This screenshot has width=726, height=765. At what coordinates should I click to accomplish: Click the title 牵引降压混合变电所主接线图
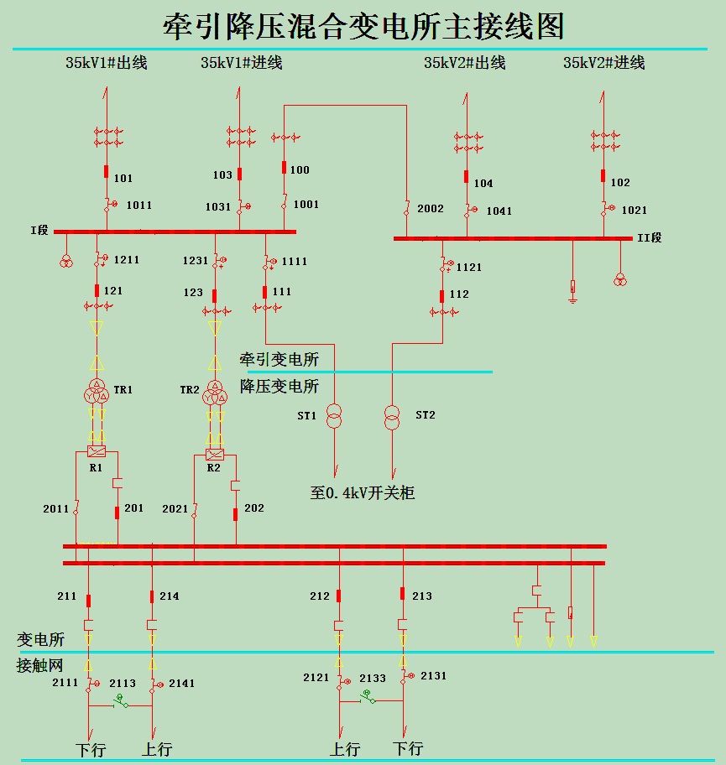coord(363,26)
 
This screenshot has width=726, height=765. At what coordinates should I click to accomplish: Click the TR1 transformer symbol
coord(97,392)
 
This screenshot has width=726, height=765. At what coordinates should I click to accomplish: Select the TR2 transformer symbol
coord(215,392)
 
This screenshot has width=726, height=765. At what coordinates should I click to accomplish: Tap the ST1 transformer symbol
coord(334,415)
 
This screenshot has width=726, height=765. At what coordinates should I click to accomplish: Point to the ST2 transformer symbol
coord(392,415)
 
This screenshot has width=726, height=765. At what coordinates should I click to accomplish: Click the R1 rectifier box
coord(97,451)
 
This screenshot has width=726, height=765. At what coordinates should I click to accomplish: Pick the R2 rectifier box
coord(214,455)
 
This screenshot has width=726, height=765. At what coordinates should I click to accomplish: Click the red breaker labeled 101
coord(106,173)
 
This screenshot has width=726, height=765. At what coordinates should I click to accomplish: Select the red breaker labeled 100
coord(284,167)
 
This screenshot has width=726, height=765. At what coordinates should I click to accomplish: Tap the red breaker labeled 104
coord(466,177)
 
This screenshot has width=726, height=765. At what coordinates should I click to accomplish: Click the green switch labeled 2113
coord(121,700)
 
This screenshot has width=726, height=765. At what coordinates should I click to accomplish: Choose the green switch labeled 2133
coord(367,695)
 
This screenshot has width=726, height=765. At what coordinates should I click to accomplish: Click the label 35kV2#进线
coord(603,63)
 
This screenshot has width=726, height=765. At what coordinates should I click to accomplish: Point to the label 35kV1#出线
coord(107,63)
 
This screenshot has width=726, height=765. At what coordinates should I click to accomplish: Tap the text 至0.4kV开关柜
coord(363,492)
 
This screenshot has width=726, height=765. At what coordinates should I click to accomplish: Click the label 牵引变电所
coord(279,360)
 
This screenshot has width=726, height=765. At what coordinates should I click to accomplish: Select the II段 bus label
coord(650,238)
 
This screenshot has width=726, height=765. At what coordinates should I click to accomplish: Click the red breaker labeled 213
coord(403,594)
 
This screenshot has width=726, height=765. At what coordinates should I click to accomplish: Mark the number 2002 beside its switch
coord(431,209)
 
